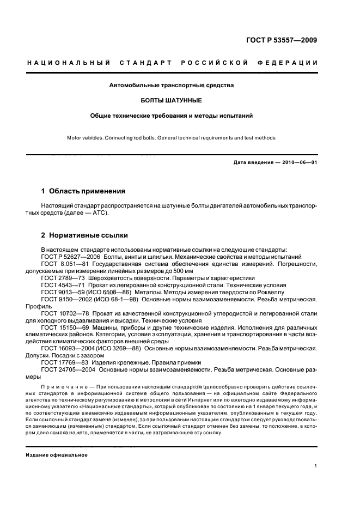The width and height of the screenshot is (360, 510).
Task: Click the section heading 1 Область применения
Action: [83, 191]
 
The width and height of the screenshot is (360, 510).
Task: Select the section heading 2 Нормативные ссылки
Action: [84, 235]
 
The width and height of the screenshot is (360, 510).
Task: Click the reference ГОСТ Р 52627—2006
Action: [69, 256]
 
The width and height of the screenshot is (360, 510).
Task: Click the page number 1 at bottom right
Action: [316, 465]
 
